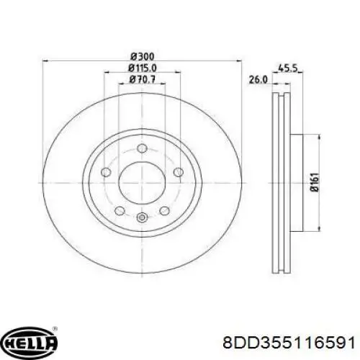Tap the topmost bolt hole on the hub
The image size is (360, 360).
[141, 149]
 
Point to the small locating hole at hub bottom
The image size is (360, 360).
[141, 219]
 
